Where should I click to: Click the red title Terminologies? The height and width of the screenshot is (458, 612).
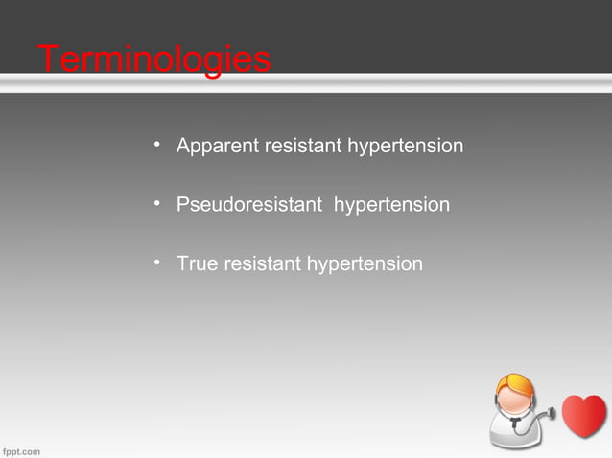pyautogui.click(x=153, y=59)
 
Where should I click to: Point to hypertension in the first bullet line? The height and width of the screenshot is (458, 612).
pyautogui.click(x=406, y=147)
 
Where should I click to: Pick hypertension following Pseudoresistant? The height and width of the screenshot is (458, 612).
pyautogui.click(x=391, y=205)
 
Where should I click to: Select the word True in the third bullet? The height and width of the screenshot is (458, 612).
pyautogui.click(x=197, y=263)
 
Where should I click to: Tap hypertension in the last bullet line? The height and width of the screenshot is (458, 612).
pyautogui.click(x=364, y=263)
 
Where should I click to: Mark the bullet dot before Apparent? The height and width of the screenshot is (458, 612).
pyautogui.click(x=156, y=145)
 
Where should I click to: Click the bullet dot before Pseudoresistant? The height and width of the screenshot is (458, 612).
pyautogui.click(x=156, y=203)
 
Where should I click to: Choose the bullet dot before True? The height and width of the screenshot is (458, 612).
pyautogui.click(x=156, y=262)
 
